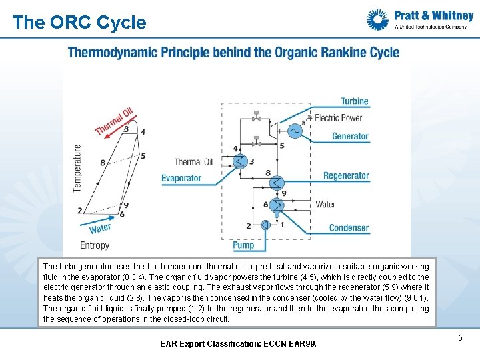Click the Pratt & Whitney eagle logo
coord(377,19)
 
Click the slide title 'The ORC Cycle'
coord(79,23)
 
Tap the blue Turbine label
coord(355,101)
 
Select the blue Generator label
coord(350,136)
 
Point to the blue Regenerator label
coord(346,176)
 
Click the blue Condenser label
coord(349,228)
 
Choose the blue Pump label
coord(243,245)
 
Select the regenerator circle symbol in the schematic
coord(277,181)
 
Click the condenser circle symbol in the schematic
coord(277,205)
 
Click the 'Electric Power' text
coord(338,118)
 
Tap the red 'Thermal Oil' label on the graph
coord(114,121)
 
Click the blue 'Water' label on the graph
coord(100,229)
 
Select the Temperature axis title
coord(78,168)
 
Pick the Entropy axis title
coord(95,245)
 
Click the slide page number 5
coord(460,339)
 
